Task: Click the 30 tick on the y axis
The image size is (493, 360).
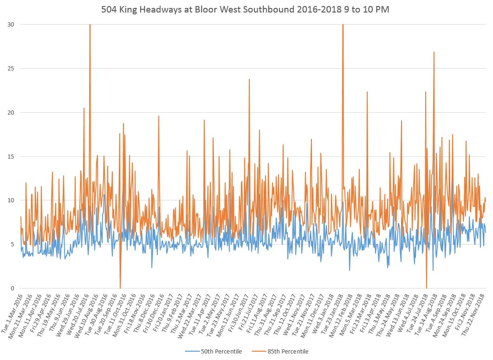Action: point(10,24)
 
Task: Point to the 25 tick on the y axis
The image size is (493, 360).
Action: point(10,68)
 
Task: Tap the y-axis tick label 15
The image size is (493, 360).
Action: point(10,156)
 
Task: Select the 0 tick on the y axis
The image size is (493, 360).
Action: point(12,289)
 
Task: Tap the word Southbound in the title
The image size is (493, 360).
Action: point(259,10)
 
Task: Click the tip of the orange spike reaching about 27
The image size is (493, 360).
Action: point(434,52)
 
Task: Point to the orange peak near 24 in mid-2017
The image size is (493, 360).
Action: point(249,79)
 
